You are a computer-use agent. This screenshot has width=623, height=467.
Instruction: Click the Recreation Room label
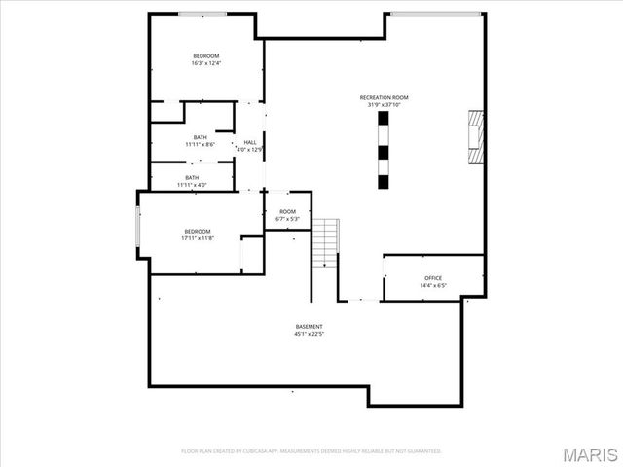pos(383,98)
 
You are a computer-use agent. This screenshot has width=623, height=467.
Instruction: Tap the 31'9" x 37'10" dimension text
pos(383,106)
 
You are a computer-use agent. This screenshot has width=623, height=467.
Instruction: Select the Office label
pos(433,278)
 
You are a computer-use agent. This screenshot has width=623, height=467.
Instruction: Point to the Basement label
pos(309,326)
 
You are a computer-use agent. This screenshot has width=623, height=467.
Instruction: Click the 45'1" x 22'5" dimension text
pos(309,334)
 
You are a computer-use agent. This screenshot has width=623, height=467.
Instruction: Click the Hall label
pos(250,142)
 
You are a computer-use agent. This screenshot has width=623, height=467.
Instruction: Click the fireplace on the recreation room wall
pos(474,138)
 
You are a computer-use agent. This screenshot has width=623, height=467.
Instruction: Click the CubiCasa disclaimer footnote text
pos(311,451)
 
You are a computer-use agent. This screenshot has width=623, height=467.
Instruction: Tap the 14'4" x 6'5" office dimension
pos(433,286)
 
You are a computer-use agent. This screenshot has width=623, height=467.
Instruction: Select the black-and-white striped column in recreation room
pos(383,149)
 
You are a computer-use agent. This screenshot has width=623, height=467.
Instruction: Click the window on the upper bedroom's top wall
pos(203,14)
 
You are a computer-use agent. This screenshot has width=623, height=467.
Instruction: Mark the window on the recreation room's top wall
pos(435,13)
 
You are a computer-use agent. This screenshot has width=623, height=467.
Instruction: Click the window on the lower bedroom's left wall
pos(137,226)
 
